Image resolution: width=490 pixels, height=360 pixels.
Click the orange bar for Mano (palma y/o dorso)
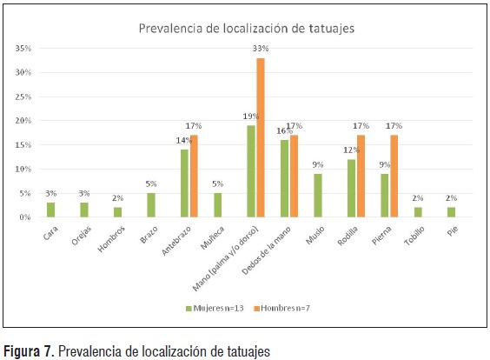pos(261,137)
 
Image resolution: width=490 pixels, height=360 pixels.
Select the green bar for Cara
pos(50,210)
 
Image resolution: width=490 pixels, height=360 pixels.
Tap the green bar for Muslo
pos(318,195)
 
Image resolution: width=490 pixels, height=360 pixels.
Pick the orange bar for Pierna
pos(394,176)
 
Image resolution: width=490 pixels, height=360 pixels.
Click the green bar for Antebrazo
pos(184,183)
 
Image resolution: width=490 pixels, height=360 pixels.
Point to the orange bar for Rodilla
pos(361,176)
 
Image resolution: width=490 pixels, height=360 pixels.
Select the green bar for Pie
pos(451,212)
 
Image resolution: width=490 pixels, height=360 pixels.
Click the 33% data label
pos(261,49)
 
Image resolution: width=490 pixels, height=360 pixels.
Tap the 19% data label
pos(251,117)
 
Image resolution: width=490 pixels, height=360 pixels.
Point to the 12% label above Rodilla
pos(351,150)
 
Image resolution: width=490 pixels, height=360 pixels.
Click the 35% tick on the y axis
pos(23,49)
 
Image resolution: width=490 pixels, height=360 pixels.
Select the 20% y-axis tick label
pos(23,121)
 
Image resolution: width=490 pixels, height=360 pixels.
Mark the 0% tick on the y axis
pos(25,217)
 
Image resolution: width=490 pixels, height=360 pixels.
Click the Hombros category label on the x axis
pos(111,239)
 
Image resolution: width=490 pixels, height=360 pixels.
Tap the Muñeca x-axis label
pos(212,237)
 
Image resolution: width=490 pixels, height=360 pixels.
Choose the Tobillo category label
pos(414,236)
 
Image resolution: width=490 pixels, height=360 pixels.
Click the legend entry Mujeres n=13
pos(215,309)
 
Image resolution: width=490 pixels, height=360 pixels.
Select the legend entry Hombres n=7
pos(281,309)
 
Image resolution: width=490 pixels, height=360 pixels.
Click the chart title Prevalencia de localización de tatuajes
pos(247,29)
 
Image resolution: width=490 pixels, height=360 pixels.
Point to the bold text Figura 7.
pos(29,351)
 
